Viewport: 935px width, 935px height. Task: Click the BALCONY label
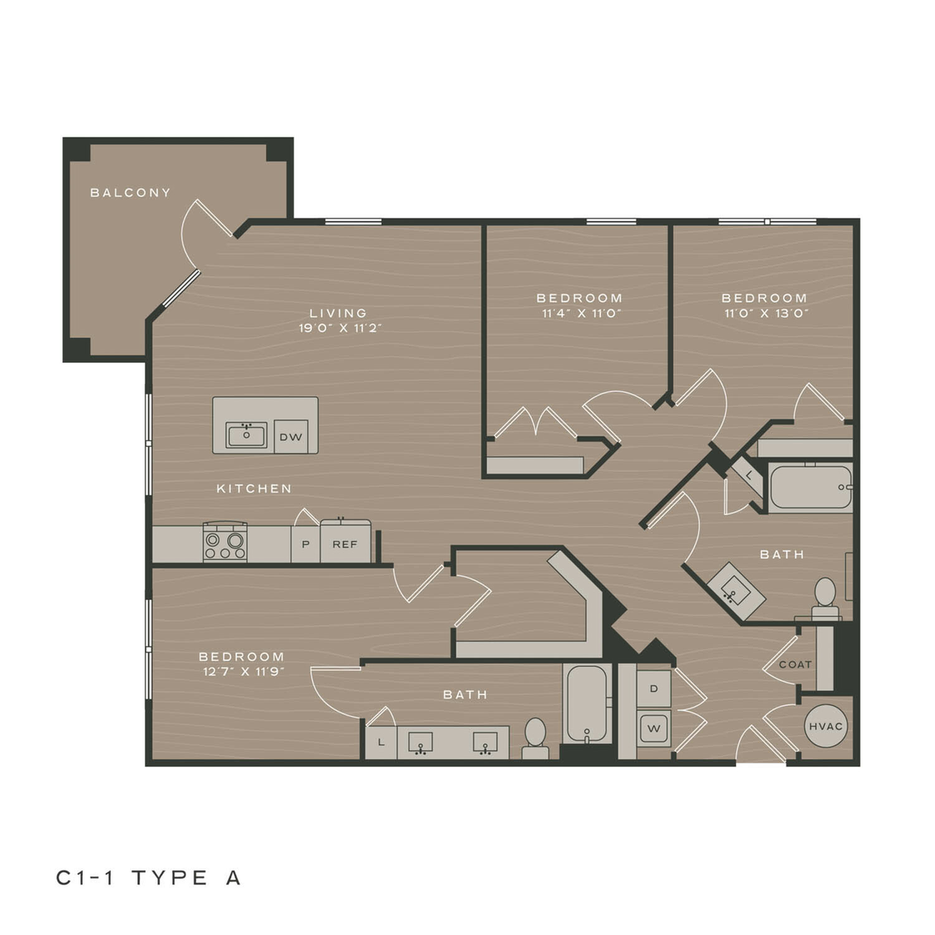point(130,193)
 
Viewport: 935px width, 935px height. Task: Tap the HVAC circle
point(826,726)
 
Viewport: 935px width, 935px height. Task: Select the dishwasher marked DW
point(291,437)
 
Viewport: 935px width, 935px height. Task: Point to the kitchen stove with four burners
point(225,542)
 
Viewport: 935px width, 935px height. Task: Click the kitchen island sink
point(246,435)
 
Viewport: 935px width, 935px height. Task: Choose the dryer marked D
point(654,689)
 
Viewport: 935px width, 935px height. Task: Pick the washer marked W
point(654,728)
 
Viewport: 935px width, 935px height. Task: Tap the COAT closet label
point(795,664)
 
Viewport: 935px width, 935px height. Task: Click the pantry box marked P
point(305,544)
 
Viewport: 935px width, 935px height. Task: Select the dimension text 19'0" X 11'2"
point(340,328)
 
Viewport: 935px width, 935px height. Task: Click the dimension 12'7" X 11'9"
point(242,671)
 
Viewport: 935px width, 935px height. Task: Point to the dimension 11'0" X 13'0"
point(766,313)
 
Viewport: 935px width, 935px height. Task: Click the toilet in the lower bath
point(535,739)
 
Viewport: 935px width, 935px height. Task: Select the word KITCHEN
point(254,489)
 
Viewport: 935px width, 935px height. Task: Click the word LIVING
point(338,313)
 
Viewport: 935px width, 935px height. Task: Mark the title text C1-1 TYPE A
point(148,878)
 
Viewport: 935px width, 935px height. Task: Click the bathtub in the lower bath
point(587,704)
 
